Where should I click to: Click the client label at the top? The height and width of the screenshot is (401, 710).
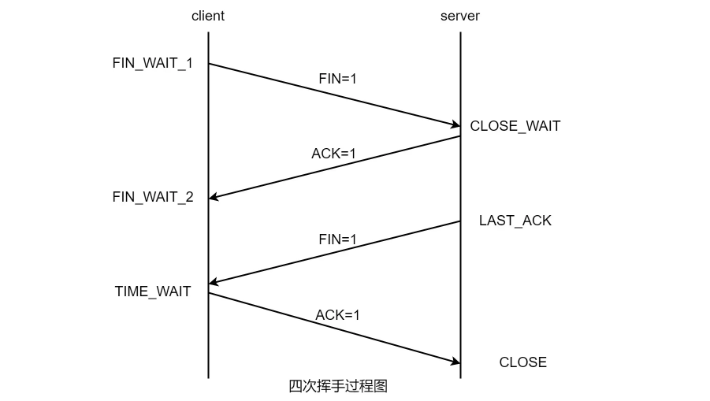tap(207, 16)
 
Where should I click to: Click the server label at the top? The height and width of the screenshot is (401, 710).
tap(459, 16)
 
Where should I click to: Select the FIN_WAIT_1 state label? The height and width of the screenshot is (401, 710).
tap(152, 64)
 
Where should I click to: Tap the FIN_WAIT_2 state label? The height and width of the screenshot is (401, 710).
tap(152, 197)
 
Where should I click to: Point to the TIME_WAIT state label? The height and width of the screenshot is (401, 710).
tap(153, 291)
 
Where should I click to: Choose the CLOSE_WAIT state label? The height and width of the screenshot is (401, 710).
tap(515, 126)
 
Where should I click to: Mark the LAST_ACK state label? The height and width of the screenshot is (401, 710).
tap(515, 221)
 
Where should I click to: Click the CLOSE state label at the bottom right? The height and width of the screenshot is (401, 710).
tap(522, 362)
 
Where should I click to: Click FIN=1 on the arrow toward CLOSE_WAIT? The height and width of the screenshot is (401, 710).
tap(337, 79)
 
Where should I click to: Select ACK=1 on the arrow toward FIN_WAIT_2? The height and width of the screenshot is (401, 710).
tap(333, 154)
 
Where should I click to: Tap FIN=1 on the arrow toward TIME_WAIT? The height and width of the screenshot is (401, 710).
tap(337, 239)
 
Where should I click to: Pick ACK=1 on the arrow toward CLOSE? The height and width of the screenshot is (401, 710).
tap(337, 315)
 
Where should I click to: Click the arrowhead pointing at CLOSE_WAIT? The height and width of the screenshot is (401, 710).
tap(455, 124)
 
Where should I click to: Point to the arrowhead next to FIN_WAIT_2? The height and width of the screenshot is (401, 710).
tap(214, 198)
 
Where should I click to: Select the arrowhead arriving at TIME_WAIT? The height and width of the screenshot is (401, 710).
tap(214, 283)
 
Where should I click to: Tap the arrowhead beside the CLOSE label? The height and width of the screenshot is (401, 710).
tap(455, 362)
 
